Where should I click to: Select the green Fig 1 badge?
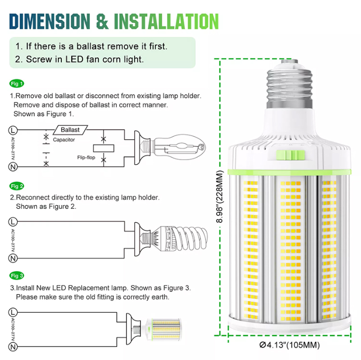click(x=17, y=84)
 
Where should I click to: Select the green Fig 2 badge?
click(x=17, y=186)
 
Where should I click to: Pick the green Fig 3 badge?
click(x=17, y=275)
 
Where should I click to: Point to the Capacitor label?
click(x=63, y=140)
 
